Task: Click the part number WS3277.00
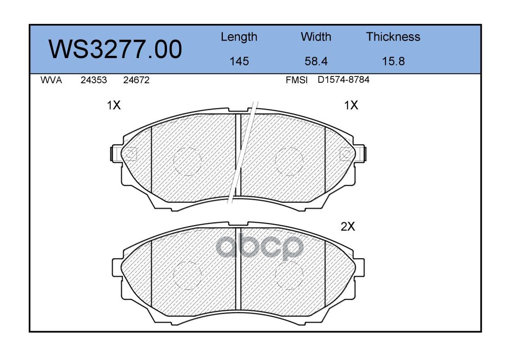[x=115, y=49]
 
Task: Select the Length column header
[x=239, y=37]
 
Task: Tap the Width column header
[x=316, y=36]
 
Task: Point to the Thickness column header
[x=393, y=36]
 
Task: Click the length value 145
[x=239, y=61]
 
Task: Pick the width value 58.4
[x=316, y=61]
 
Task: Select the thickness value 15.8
[x=393, y=61]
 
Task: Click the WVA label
[x=51, y=80]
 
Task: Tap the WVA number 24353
[x=94, y=80]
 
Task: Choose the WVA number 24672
[x=136, y=80]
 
